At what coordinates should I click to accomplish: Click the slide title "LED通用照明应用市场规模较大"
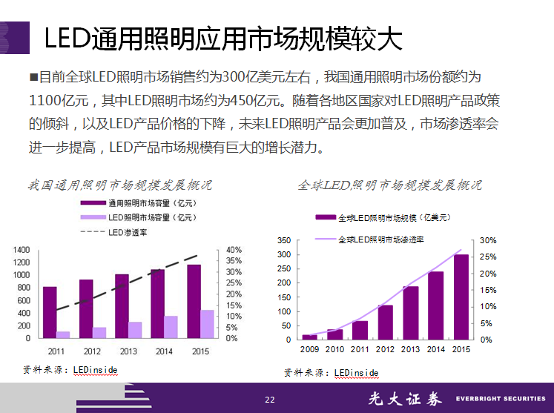coord(223,39)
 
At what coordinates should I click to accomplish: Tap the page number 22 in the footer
coord(270,400)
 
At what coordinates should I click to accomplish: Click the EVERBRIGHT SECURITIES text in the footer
coord(501,399)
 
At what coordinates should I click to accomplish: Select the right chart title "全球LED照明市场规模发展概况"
coord(389,185)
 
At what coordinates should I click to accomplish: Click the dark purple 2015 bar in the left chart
coord(194,301)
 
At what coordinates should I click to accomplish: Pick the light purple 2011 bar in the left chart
coord(63,334)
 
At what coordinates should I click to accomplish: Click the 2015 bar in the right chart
coord(461,297)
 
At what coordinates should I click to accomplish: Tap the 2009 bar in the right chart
coord(309,337)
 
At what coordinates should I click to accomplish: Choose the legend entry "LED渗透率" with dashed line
coord(128,232)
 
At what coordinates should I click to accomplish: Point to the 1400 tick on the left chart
coord(22,250)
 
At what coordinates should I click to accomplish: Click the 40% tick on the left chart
coord(234,250)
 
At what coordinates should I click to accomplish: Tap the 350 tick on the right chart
coord(283,241)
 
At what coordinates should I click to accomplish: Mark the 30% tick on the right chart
coord(487,241)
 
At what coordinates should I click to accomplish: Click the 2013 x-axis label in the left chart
coord(128,351)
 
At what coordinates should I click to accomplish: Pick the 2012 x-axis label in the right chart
coord(385,349)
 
